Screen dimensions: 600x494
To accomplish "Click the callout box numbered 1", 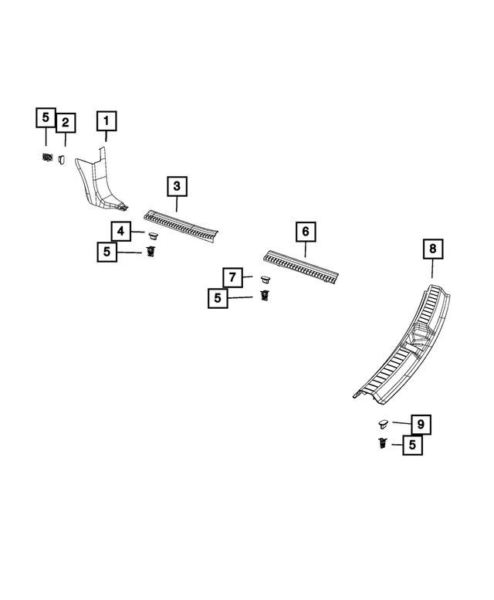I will click(106, 121).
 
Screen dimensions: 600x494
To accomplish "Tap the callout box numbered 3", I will click(177, 186).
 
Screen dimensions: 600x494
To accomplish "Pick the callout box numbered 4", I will click(120, 230).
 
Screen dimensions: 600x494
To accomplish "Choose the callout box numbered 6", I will click(305, 231).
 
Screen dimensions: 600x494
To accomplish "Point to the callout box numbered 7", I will click(232, 276).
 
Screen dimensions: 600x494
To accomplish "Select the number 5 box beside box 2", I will click(46, 118).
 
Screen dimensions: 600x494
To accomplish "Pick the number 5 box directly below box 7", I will click(218, 297).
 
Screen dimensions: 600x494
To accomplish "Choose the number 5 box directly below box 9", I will click(412, 445).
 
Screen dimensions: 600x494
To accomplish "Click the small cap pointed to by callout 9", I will click(382, 423).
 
